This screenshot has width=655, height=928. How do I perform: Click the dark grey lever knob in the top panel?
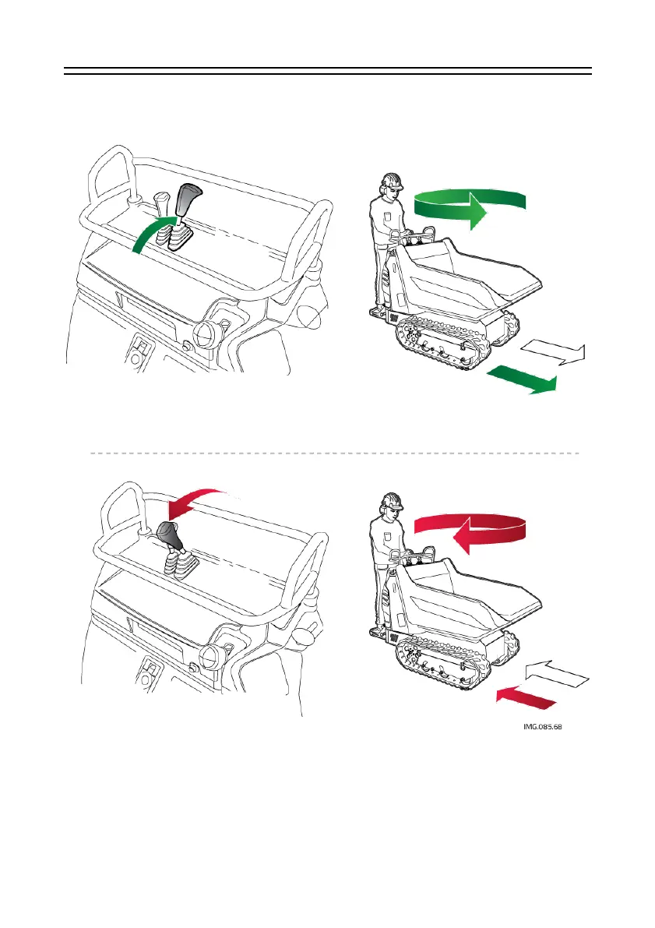point(187,201)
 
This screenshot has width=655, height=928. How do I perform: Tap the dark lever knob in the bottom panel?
point(170,535)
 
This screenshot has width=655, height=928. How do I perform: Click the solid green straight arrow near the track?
point(522,379)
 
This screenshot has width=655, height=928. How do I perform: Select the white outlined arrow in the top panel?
point(548,353)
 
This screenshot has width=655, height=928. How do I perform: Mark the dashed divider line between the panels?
point(335,452)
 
